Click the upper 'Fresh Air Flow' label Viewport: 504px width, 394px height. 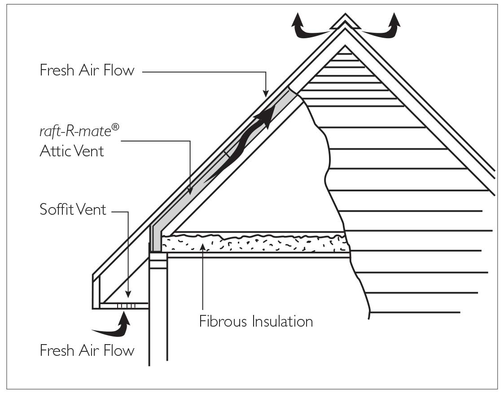[x=87, y=71]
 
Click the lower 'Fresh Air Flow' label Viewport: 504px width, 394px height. [x=87, y=350]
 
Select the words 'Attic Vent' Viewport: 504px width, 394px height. [x=72, y=151]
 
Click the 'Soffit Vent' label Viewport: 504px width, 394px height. [x=73, y=209]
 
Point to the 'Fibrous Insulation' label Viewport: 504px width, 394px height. [x=256, y=322]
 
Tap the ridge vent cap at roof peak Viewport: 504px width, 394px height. [x=345, y=22]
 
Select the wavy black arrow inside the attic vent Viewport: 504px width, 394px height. [x=242, y=144]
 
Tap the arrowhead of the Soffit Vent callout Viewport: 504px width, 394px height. [x=128, y=296]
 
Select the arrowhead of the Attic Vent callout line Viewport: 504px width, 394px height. [x=190, y=192]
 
